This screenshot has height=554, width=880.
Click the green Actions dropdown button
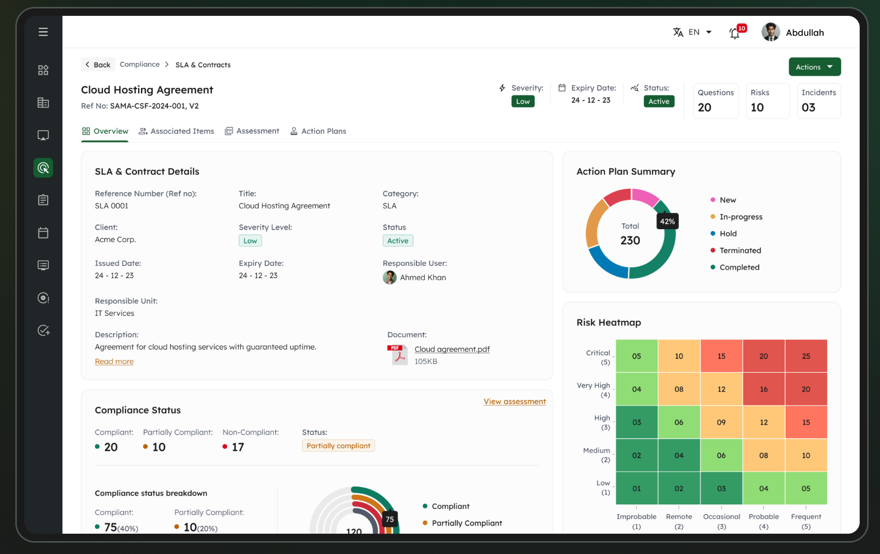coord(814,67)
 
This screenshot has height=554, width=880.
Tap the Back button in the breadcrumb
coord(98,65)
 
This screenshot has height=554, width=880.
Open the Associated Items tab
coord(177,131)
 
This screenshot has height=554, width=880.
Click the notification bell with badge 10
coord(735,33)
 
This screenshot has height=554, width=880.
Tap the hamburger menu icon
coord(44,32)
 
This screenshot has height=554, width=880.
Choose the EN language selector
coord(693,32)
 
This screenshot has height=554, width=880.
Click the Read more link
coord(114,361)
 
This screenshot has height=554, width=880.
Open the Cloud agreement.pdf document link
coord(452,349)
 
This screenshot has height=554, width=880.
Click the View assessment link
coord(514,402)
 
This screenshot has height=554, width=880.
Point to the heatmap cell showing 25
coord(806,356)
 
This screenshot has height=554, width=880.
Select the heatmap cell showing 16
coord(763,389)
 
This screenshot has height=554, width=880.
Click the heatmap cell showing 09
coord(721,422)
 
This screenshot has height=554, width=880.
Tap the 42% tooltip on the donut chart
coord(667,221)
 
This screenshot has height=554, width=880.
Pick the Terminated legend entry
coord(740,251)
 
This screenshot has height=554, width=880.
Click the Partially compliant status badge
coord(338,446)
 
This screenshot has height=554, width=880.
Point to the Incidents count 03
coord(808,107)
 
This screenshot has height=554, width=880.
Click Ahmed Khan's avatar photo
coord(390,277)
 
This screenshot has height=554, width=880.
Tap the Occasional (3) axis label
coord(721,521)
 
